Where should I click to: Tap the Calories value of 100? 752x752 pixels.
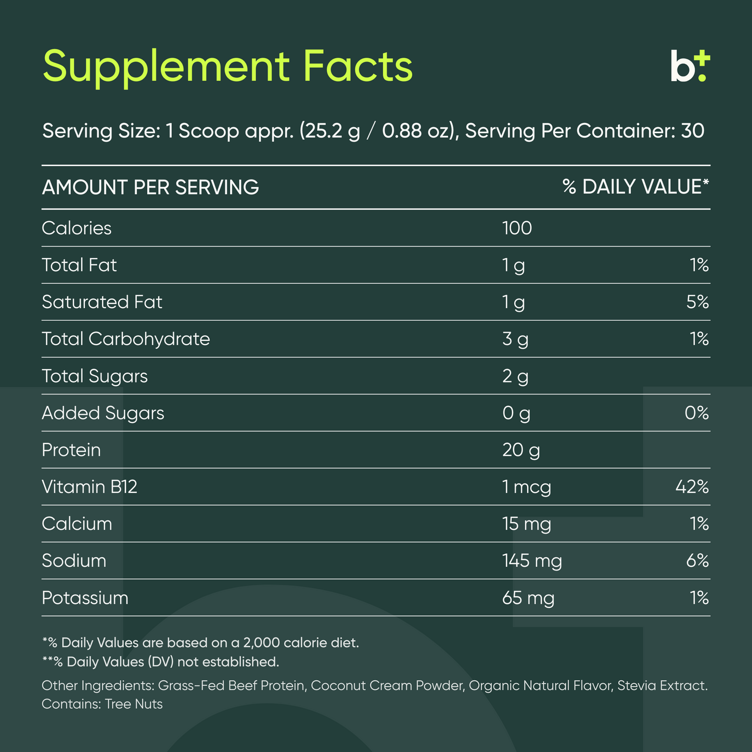(x=517, y=228)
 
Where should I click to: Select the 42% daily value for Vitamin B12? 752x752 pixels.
(x=692, y=487)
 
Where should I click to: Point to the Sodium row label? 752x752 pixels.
(x=74, y=560)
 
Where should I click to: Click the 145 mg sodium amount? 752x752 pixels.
(x=532, y=560)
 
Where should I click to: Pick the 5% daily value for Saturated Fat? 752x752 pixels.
(x=697, y=302)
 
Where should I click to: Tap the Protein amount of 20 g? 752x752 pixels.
(x=521, y=450)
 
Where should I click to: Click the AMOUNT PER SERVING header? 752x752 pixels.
(x=150, y=187)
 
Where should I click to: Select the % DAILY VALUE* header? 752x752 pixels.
(x=635, y=187)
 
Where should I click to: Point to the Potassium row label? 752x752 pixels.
(x=85, y=597)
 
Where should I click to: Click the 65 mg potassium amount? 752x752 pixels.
(x=528, y=597)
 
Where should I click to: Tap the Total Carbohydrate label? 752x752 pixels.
(x=126, y=339)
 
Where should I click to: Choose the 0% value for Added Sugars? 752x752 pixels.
(x=697, y=413)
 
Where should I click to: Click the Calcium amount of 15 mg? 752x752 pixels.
(x=526, y=524)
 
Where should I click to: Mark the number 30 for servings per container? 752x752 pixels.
(x=692, y=131)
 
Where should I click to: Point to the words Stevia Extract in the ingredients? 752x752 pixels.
(x=662, y=685)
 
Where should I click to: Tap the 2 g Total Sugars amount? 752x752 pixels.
(x=515, y=376)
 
